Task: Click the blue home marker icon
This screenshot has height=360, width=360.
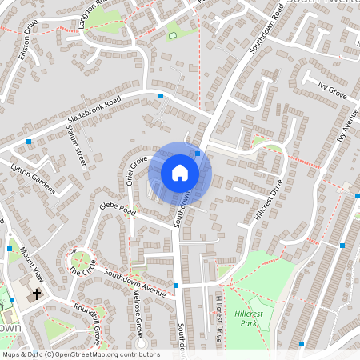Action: (180, 173)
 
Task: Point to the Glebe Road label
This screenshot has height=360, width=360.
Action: (118, 210)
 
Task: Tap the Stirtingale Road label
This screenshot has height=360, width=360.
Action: (76, 145)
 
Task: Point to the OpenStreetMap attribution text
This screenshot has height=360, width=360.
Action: (81, 354)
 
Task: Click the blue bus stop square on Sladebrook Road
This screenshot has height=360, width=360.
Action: (161, 96)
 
